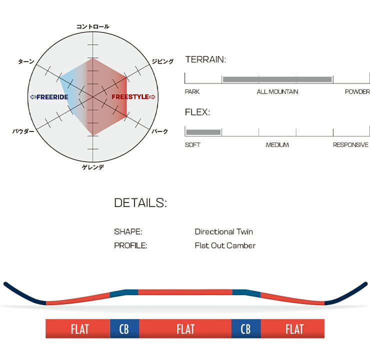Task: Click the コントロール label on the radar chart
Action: click(x=93, y=26)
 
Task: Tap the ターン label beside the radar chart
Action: click(x=26, y=61)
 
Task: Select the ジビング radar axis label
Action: click(x=162, y=61)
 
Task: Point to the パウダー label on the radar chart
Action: click(x=23, y=131)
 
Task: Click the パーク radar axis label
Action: click(x=160, y=131)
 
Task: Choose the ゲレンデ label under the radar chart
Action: click(x=93, y=167)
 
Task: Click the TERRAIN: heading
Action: click(x=205, y=59)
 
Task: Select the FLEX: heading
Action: click(x=197, y=112)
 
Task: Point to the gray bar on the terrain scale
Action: click(x=277, y=79)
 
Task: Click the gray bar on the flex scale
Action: click(x=203, y=132)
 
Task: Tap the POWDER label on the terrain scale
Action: click(x=357, y=91)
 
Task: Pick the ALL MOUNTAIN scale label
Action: click(x=277, y=91)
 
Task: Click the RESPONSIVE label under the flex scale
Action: click(x=350, y=145)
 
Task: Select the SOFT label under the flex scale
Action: click(x=192, y=145)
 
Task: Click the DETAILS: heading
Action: click(x=140, y=203)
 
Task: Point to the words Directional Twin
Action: click(x=224, y=231)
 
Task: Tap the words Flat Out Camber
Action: click(x=225, y=245)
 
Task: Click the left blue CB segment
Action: click(x=124, y=329)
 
